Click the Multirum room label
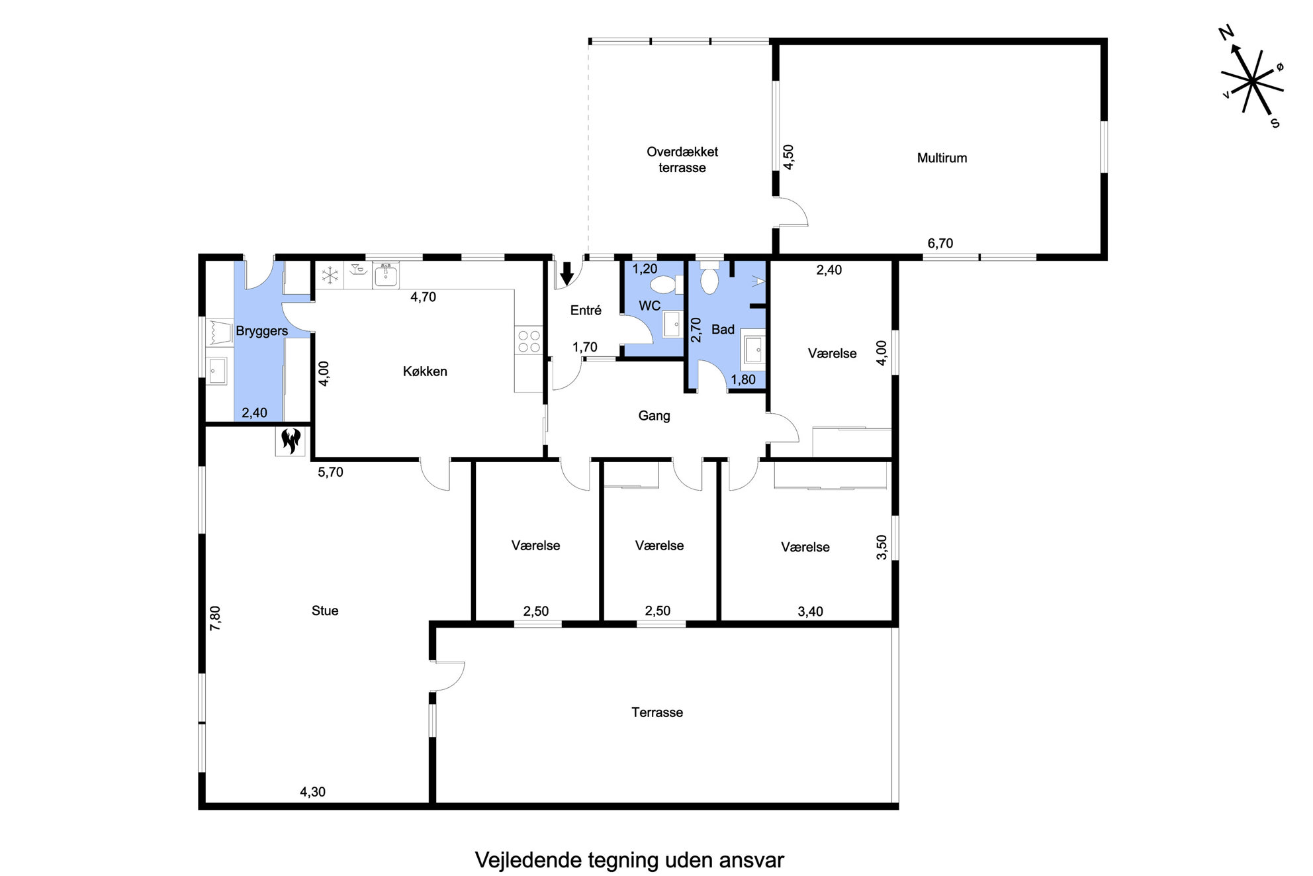tap(942, 158)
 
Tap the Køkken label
tap(425, 371)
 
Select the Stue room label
tap(325, 610)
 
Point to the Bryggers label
tap(262, 331)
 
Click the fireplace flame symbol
tap(291, 440)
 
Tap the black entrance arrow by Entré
tap(567, 273)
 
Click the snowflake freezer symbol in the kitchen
tap(329, 275)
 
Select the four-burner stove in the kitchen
tap(528, 341)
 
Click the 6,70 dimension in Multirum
tap(940, 244)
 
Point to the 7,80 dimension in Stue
tap(215, 618)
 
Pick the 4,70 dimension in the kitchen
tap(423, 297)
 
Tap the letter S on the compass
tap(1275, 122)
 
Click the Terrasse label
tap(657, 712)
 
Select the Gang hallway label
tap(654, 416)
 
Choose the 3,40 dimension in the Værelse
tap(810, 612)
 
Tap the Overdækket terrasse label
tap(682, 160)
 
